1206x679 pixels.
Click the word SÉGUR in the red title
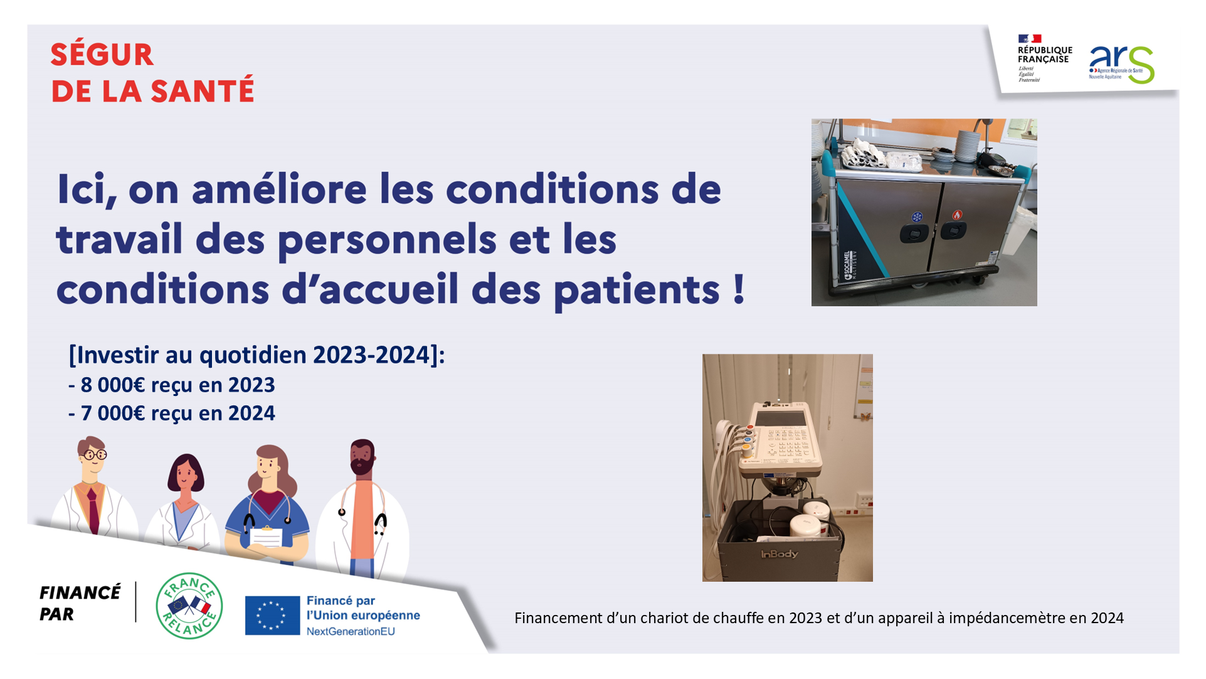102,55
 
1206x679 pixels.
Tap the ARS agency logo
1121,64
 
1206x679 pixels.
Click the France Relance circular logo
189,606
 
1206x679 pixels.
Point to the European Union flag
272,616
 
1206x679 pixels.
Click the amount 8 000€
115,385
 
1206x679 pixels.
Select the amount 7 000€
115,413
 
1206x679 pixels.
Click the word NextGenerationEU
351,631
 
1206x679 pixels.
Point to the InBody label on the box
780,554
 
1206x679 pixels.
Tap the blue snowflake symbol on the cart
917,217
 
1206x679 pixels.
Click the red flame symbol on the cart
957,215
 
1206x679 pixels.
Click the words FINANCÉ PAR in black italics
80,603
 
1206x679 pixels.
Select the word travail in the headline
119,240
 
